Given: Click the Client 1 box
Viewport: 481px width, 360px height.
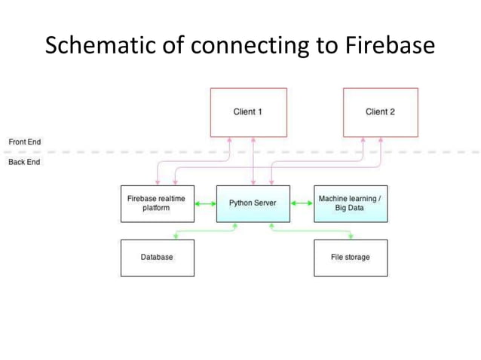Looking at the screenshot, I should tap(248, 112).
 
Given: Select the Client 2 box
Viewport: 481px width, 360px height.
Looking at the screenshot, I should tap(380, 112).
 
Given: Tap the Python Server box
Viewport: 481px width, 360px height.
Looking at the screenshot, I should tap(253, 203).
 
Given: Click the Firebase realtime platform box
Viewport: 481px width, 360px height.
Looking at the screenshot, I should tap(157, 203).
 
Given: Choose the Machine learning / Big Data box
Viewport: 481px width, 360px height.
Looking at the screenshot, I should tap(350, 203).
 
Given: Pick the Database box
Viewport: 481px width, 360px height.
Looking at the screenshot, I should tap(157, 258).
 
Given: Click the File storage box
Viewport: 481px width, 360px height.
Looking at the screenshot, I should tap(350, 258).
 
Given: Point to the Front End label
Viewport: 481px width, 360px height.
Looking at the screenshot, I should tap(24, 142).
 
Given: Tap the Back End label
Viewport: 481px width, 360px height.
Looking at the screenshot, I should tap(24, 162).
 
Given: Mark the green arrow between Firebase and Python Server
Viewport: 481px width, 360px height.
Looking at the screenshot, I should tap(205, 203).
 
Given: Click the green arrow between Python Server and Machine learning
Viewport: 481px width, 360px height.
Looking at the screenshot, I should tap(302, 203).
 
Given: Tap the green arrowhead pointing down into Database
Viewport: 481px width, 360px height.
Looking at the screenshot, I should tap(176, 233).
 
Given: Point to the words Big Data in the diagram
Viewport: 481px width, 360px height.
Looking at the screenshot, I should tap(350, 208).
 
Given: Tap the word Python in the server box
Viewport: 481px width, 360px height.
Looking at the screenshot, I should tap(240, 203).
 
